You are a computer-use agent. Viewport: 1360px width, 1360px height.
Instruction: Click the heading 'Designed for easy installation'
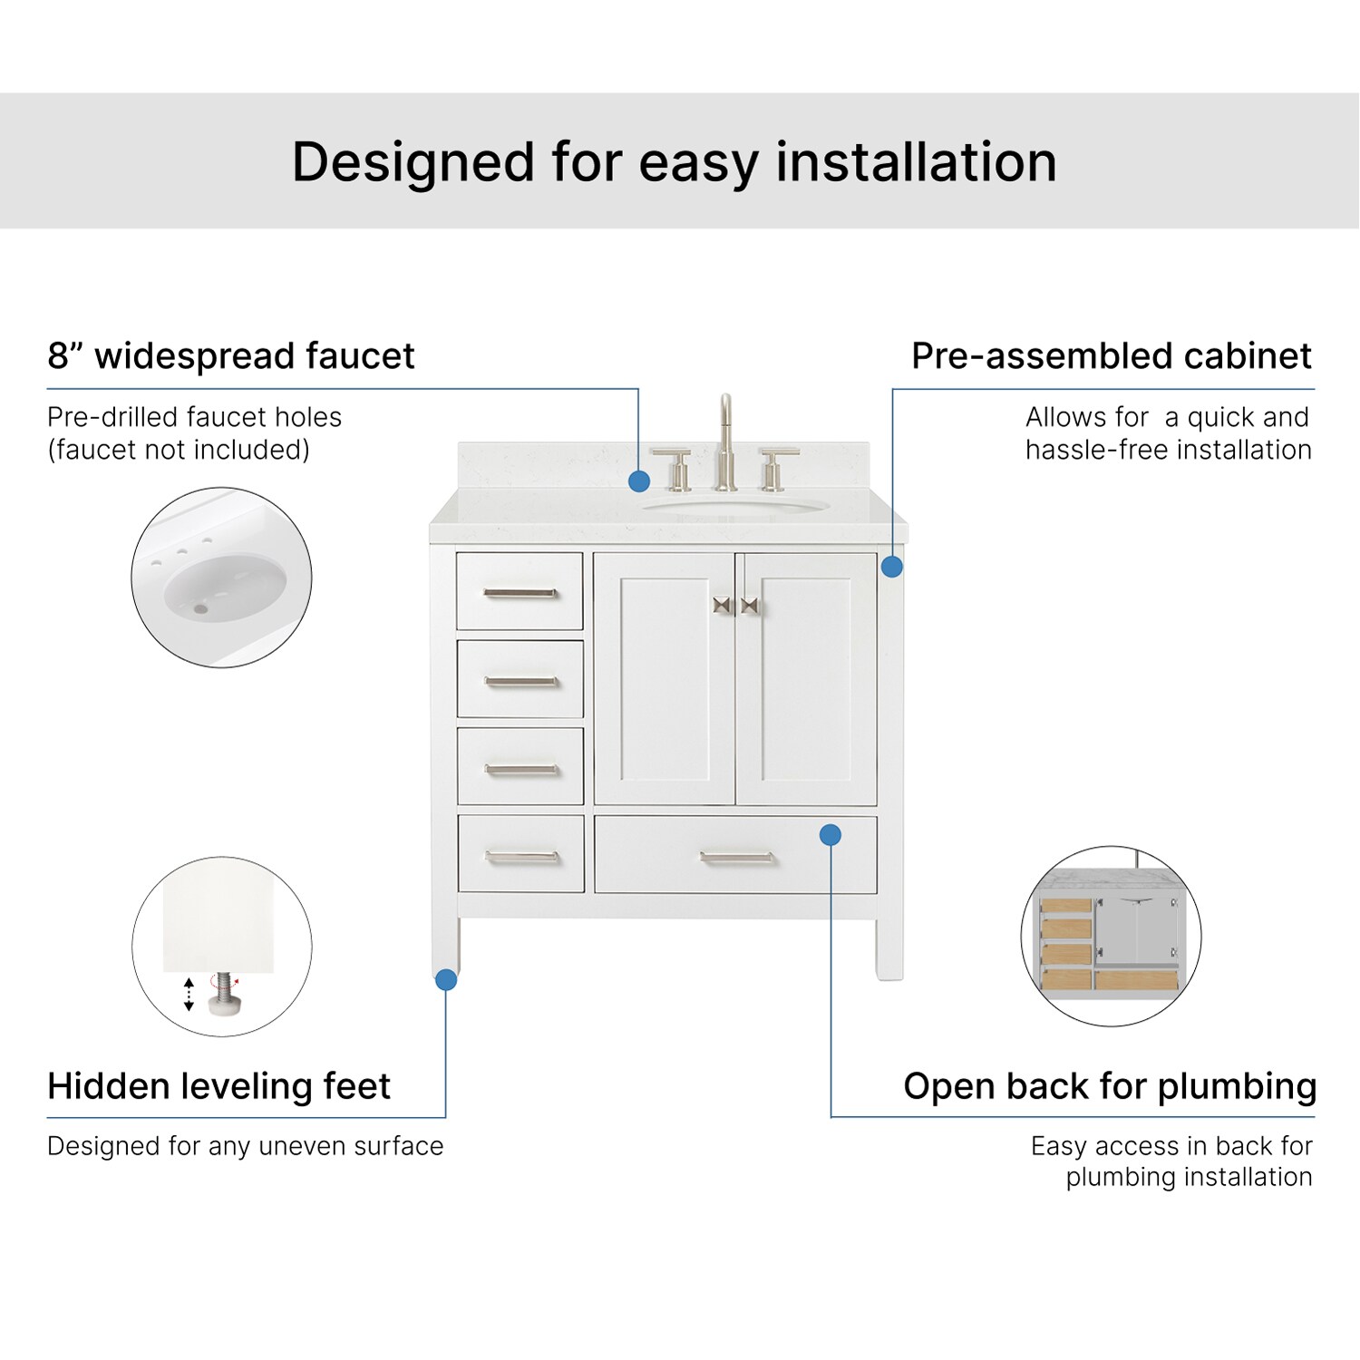pyautogui.click(x=674, y=162)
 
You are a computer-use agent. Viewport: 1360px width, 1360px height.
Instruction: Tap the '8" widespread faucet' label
pyautogui.click(x=230, y=355)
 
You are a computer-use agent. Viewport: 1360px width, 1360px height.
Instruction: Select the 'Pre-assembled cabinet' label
pyautogui.click(x=1111, y=355)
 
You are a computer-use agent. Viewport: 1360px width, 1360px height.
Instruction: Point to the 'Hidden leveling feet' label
pyautogui.click(x=219, y=1085)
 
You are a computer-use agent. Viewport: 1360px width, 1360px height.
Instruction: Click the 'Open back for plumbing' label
pyautogui.click(x=1109, y=1085)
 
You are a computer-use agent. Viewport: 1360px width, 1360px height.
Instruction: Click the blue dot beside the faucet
pyautogui.click(x=639, y=481)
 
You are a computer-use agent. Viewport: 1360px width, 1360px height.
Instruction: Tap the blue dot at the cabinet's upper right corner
pyautogui.click(x=892, y=567)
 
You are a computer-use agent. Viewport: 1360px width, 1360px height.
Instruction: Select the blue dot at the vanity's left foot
pyautogui.click(x=446, y=979)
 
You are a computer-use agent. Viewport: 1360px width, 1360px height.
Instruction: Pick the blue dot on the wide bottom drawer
pyautogui.click(x=831, y=834)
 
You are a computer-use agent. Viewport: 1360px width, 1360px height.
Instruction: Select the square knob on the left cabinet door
pyautogui.click(x=722, y=605)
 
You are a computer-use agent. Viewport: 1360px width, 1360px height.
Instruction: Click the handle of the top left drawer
pyautogui.click(x=520, y=594)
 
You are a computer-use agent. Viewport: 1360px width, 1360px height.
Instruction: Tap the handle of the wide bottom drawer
pyautogui.click(x=736, y=857)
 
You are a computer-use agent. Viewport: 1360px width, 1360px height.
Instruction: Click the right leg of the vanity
pyautogui.click(x=889, y=947)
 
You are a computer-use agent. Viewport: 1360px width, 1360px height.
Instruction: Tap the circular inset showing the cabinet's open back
pyautogui.click(x=1111, y=937)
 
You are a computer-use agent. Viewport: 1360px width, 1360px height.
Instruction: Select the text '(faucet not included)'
pyautogui.click(x=179, y=450)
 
